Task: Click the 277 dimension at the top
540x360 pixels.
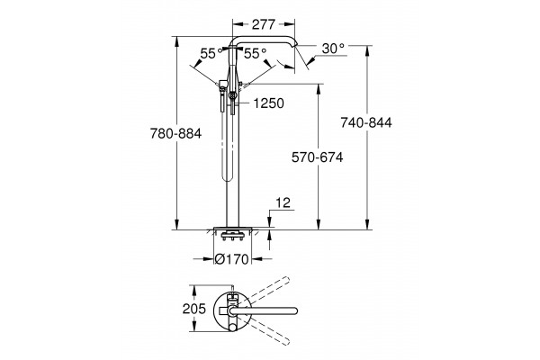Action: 264,24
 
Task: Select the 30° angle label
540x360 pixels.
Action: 333,49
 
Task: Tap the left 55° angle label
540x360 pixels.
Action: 211,53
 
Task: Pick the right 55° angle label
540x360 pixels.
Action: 256,53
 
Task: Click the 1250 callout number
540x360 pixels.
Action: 268,103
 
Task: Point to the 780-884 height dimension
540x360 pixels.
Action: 175,133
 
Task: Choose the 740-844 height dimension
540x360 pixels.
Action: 366,122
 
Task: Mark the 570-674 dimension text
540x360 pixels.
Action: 317,157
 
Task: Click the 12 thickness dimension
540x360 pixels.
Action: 283,202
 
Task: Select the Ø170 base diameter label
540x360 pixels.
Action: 231,259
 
